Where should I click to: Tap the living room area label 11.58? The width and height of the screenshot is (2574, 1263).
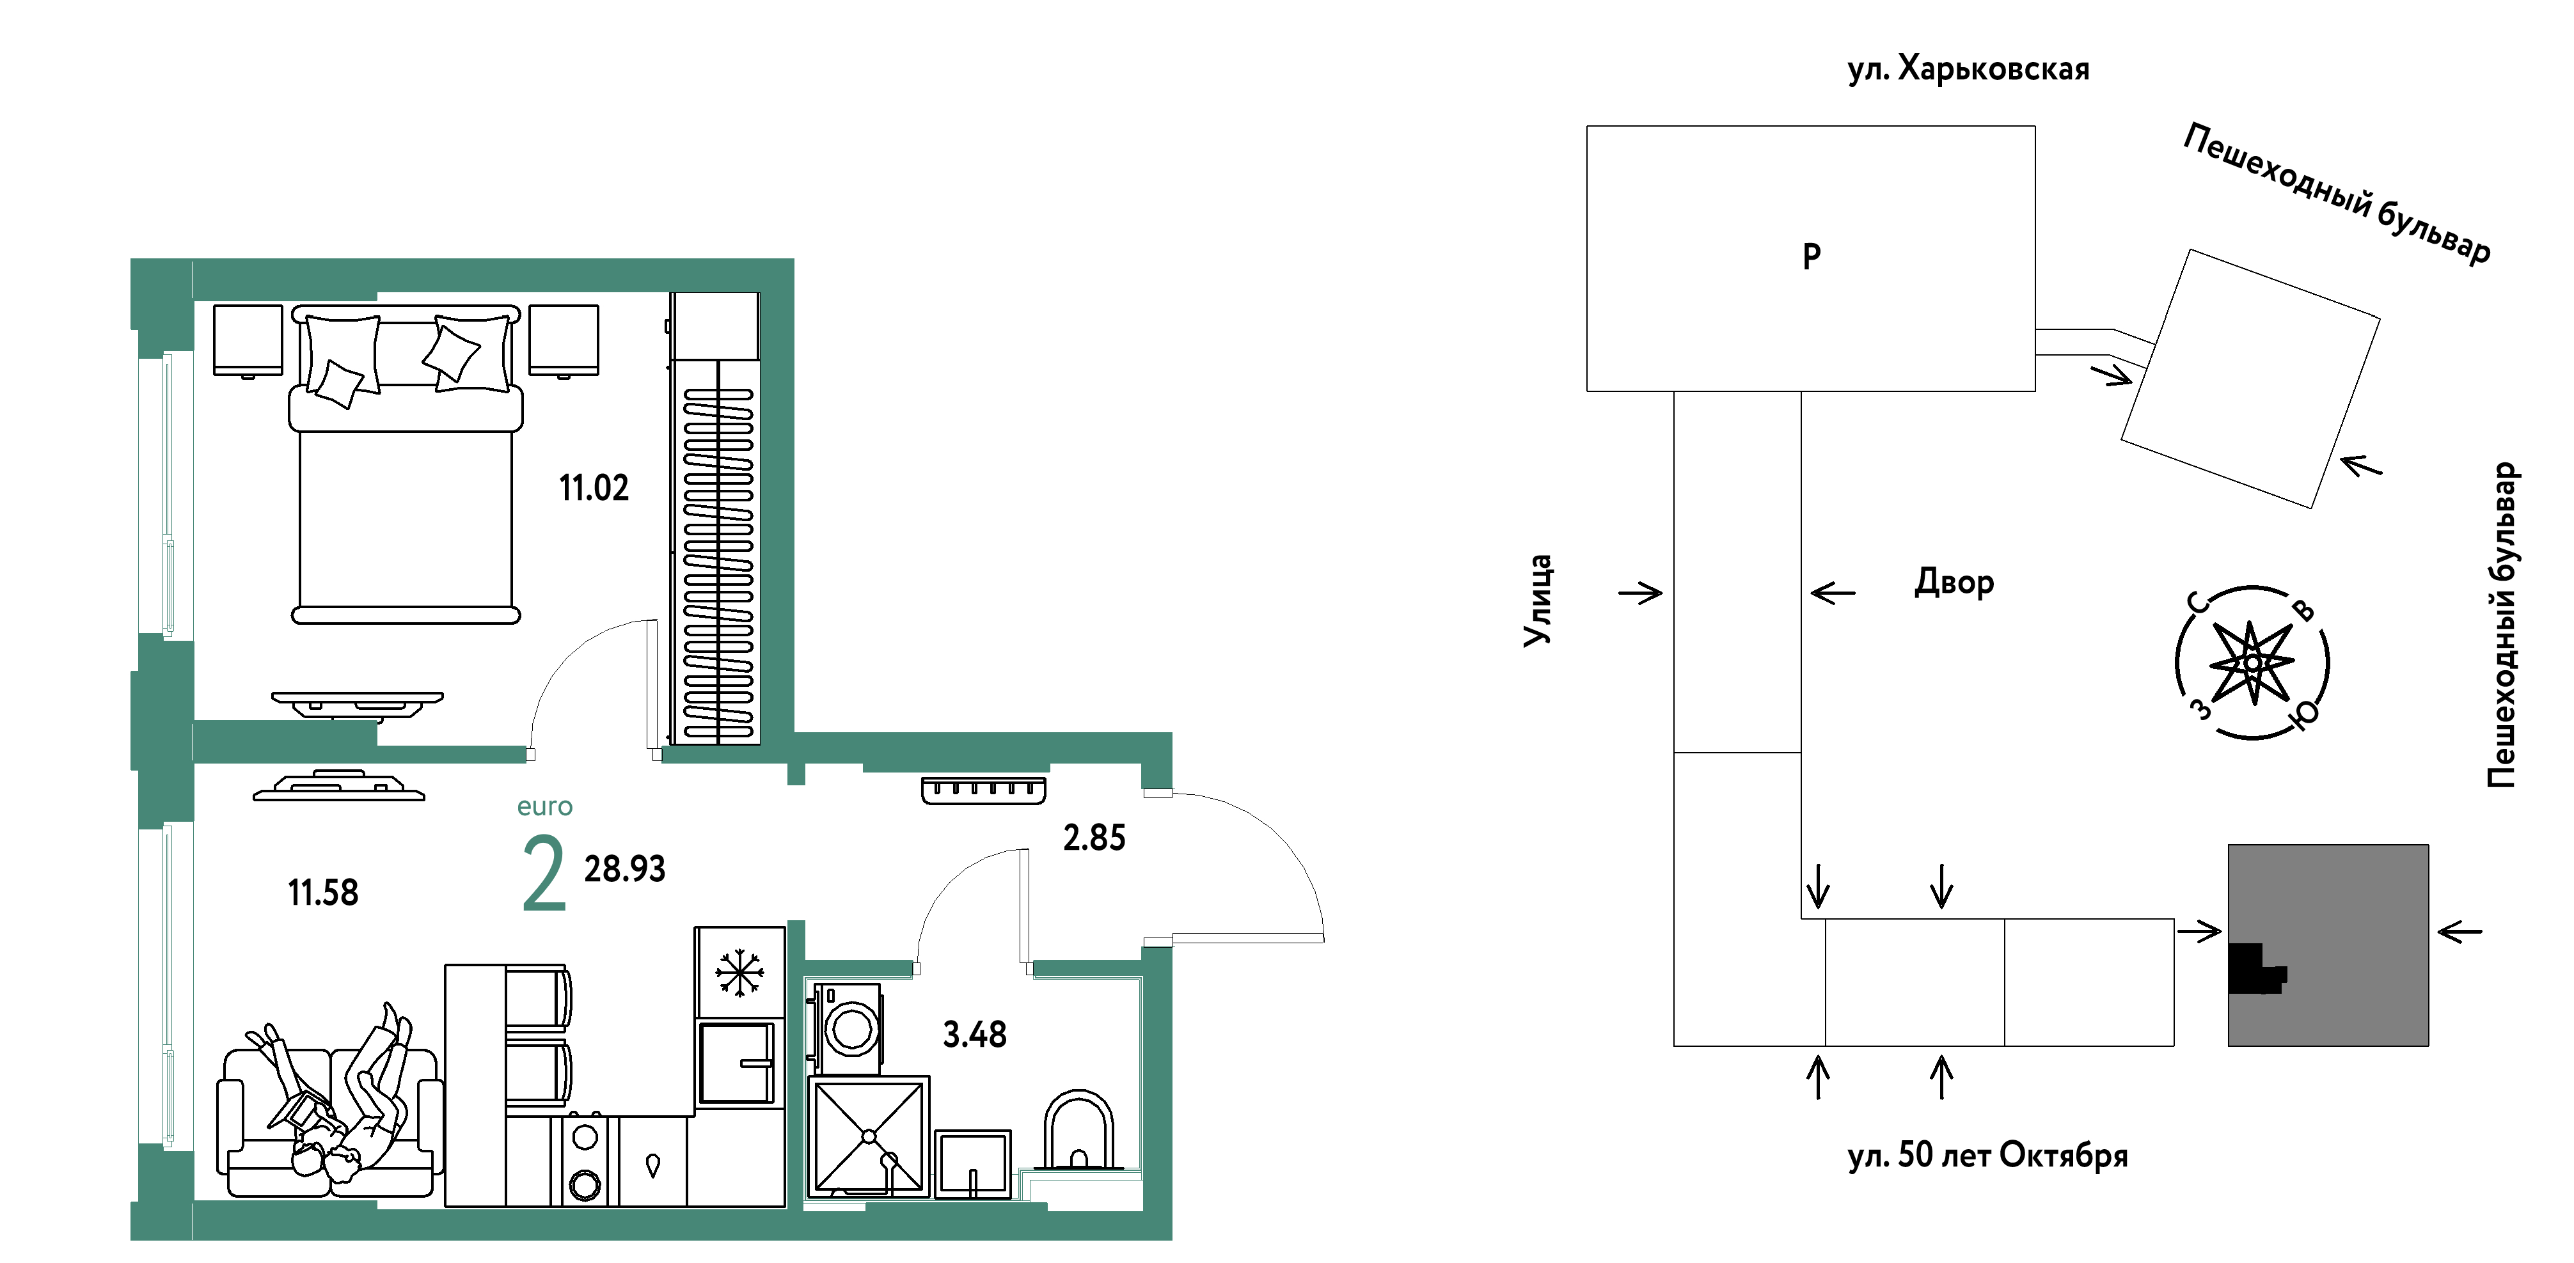click(323, 892)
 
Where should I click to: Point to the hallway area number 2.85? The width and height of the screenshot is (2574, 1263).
click(1094, 837)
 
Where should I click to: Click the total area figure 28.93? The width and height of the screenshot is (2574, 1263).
click(624, 868)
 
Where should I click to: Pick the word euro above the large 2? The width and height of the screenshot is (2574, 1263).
click(544, 806)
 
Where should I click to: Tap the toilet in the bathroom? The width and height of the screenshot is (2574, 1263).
click(1079, 1131)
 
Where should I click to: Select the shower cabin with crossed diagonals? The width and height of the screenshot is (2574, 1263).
click(868, 1136)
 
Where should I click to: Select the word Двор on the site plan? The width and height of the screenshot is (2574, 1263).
click(1954, 581)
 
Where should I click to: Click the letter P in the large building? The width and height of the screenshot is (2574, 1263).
click(1812, 256)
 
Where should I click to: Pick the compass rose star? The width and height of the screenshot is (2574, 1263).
click(2252, 663)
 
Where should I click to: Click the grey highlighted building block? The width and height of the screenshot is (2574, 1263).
click(2328, 945)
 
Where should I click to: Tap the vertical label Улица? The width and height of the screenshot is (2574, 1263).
click(1538, 600)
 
